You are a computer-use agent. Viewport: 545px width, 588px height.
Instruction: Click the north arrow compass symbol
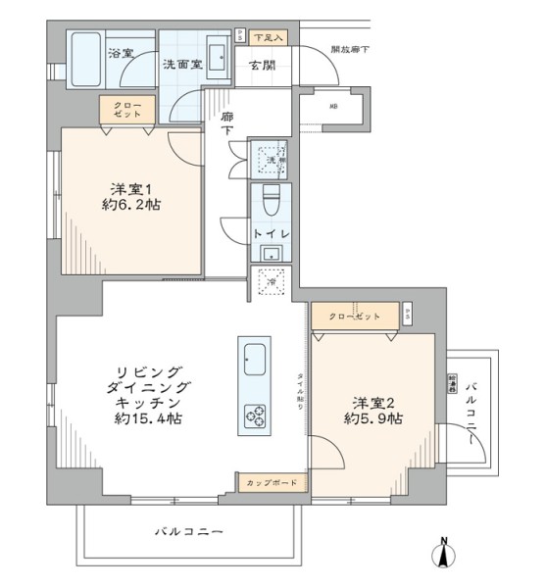pos(443,555)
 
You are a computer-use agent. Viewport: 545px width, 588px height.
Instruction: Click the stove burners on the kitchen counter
pos(253,415)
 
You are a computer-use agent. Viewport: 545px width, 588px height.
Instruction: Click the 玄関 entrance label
pos(261,66)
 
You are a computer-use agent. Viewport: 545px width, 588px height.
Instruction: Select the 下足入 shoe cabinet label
pos(267,37)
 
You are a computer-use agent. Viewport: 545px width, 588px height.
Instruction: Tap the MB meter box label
pos(333,106)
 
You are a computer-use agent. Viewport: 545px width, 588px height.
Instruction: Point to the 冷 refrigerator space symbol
pos(272,280)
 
